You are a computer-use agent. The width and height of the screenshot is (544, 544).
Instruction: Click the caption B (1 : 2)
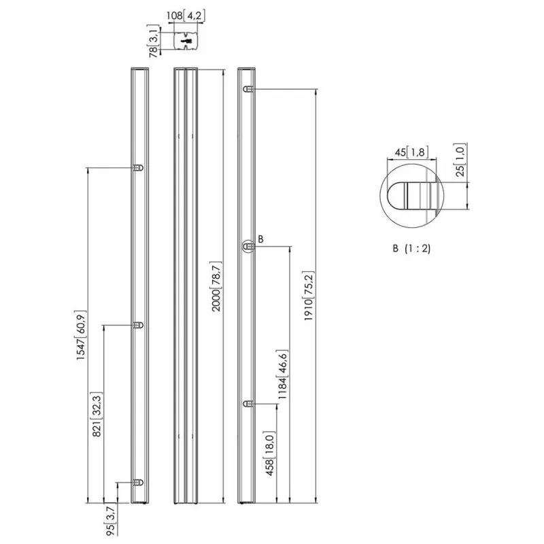coord(411,249)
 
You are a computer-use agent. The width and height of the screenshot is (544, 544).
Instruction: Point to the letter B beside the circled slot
coord(260,239)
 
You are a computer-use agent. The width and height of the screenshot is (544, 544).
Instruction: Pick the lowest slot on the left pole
coord(139,482)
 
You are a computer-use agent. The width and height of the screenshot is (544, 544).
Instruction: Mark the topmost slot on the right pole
coord(249,90)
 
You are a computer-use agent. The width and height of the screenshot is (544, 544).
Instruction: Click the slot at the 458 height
coord(249,405)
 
